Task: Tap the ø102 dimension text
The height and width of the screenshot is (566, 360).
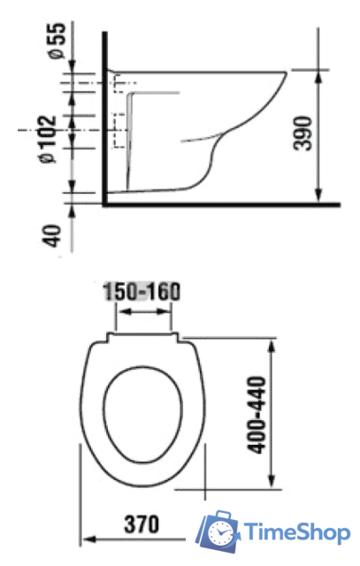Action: point(49,140)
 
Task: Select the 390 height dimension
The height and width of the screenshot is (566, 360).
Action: point(303,133)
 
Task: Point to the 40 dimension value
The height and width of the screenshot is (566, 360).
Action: point(52,236)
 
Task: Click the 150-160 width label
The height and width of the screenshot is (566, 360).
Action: point(142,292)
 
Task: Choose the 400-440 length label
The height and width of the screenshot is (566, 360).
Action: point(257,415)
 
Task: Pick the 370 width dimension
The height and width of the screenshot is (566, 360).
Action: point(142,524)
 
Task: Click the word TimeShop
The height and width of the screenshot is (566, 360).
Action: point(297,532)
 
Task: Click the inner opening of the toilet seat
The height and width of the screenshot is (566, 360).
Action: point(143,415)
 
